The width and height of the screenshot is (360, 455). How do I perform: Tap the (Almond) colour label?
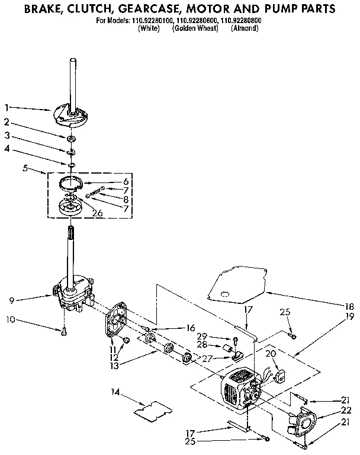pos(245,28)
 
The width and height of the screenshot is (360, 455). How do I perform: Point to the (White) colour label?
pos(149,28)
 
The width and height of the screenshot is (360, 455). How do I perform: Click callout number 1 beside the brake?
pos(7,107)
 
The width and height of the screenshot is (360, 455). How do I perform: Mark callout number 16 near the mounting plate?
pos(190,327)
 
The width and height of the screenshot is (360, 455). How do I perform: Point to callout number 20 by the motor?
pos(270,353)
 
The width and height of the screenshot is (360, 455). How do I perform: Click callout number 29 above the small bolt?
pos(218,336)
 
